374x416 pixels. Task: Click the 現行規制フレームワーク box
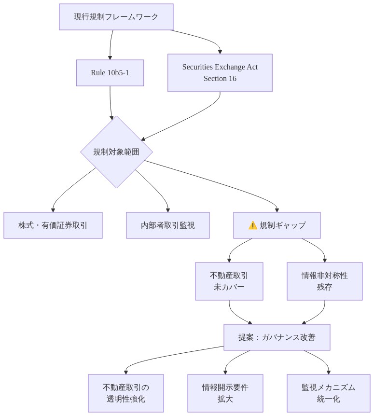click(116, 17)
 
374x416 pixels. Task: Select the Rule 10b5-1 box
click(110, 73)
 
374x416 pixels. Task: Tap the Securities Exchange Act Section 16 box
click(220, 72)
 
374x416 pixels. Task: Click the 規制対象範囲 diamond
click(116, 152)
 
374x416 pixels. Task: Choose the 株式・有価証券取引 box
click(53, 225)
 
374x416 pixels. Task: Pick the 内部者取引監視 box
click(167, 225)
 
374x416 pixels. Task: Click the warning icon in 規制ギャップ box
click(252, 225)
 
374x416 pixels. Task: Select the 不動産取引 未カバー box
click(229, 281)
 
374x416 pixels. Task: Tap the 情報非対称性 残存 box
click(324, 281)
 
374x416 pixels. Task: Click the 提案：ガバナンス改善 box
click(277, 337)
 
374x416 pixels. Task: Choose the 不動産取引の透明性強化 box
click(125, 393)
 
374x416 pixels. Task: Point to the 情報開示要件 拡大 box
click(225, 393)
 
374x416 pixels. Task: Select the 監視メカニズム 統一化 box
click(328, 393)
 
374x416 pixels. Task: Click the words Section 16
click(220, 78)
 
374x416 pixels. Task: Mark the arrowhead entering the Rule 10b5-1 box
click(110, 57)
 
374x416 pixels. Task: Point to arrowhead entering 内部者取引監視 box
click(167, 209)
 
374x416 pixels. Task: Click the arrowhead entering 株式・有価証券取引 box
click(53, 209)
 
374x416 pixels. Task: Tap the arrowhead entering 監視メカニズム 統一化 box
click(328, 372)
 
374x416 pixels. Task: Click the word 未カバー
click(229, 287)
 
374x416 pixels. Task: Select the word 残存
click(324, 287)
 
